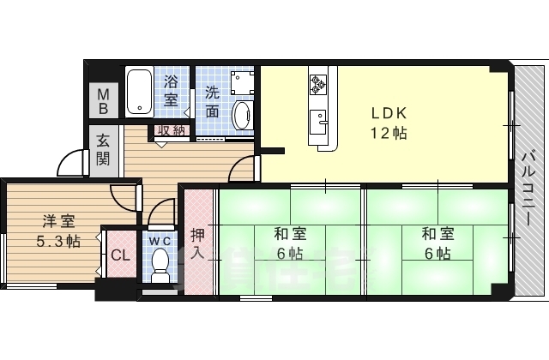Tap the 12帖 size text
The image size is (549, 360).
pos(389,133)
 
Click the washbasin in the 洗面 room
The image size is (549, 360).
pos(242,113)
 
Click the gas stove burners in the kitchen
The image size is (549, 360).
pos(318,84)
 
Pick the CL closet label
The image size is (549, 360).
pos(119,255)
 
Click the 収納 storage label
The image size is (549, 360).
pos(171,130)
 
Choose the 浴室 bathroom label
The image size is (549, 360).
pos(172,93)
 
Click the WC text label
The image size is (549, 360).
pos(160,240)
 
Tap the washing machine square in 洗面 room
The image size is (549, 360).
pos(240,81)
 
